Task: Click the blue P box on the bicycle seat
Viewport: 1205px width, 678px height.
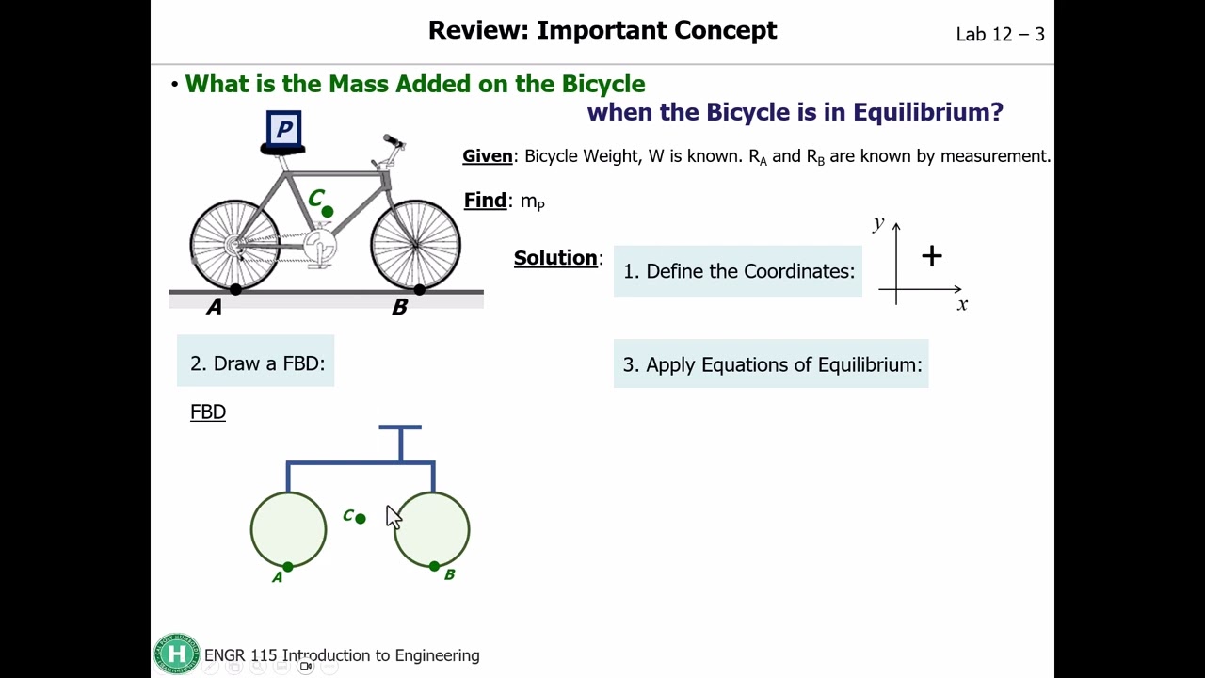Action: pyautogui.click(x=283, y=129)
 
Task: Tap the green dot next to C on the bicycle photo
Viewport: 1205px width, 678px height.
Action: pyautogui.click(x=327, y=212)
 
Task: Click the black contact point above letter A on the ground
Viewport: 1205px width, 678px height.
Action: pyautogui.click(x=235, y=289)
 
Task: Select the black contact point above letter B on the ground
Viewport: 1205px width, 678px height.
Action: pyautogui.click(x=420, y=289)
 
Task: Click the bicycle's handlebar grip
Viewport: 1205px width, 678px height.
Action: pyautogui.click(x=393, y=140)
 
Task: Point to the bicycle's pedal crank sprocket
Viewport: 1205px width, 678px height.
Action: pyautogui.click(x=319, y=246)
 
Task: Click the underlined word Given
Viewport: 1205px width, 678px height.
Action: pyautogui.click(x=488, y=156)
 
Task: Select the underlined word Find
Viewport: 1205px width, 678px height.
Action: pyautogui.click(x=485, y=201)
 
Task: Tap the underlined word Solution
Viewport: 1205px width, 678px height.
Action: pyautogui.click(x=555, y=258)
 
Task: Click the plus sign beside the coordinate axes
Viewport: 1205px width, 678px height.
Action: pyautogui.click(x=932, y=256)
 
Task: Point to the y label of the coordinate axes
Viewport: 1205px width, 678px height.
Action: pyautogui.click(x=879, y=223)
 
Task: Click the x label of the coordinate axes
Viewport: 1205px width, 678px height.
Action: pyautogui.click(x=962, y=305)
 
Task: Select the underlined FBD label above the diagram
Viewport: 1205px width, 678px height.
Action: pyautogui.click(x=208, y=412)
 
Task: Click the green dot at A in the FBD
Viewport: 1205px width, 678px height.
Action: pyautogui.click(x=288, y=567)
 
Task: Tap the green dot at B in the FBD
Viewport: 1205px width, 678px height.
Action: pyautogui.click(x=435, y=566)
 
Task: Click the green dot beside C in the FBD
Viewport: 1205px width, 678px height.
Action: pyautogui.click(x=361, y=519)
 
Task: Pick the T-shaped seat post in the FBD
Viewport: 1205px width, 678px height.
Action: pyautogui.click(x=400, y=443)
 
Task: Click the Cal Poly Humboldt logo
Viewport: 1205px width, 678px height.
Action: pyautogui.click(x=176, y=654)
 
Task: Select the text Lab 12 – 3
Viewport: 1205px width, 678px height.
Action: pyautogui.click(x=1000, y=35)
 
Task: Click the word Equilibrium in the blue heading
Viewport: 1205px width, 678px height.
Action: pyautogui.click(x=928, y=112)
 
